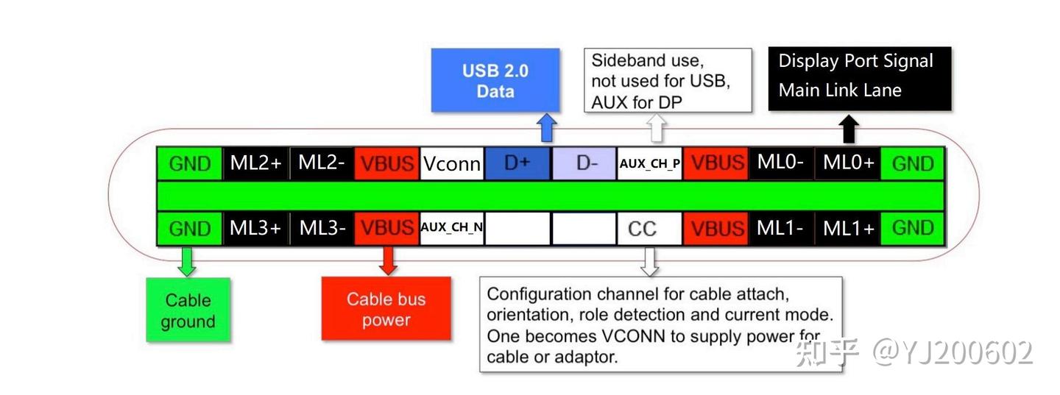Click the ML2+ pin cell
255,163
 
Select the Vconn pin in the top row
452,163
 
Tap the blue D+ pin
517,163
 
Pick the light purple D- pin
585,163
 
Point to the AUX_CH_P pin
650,163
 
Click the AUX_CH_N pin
452,228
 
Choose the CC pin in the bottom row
642,229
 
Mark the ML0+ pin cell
848,163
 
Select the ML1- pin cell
781,229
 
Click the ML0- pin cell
781,163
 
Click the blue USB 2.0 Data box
495,81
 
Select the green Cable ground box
188,310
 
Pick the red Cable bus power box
386,309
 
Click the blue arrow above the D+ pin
546,128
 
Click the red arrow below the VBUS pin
387,260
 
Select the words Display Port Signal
855,61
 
